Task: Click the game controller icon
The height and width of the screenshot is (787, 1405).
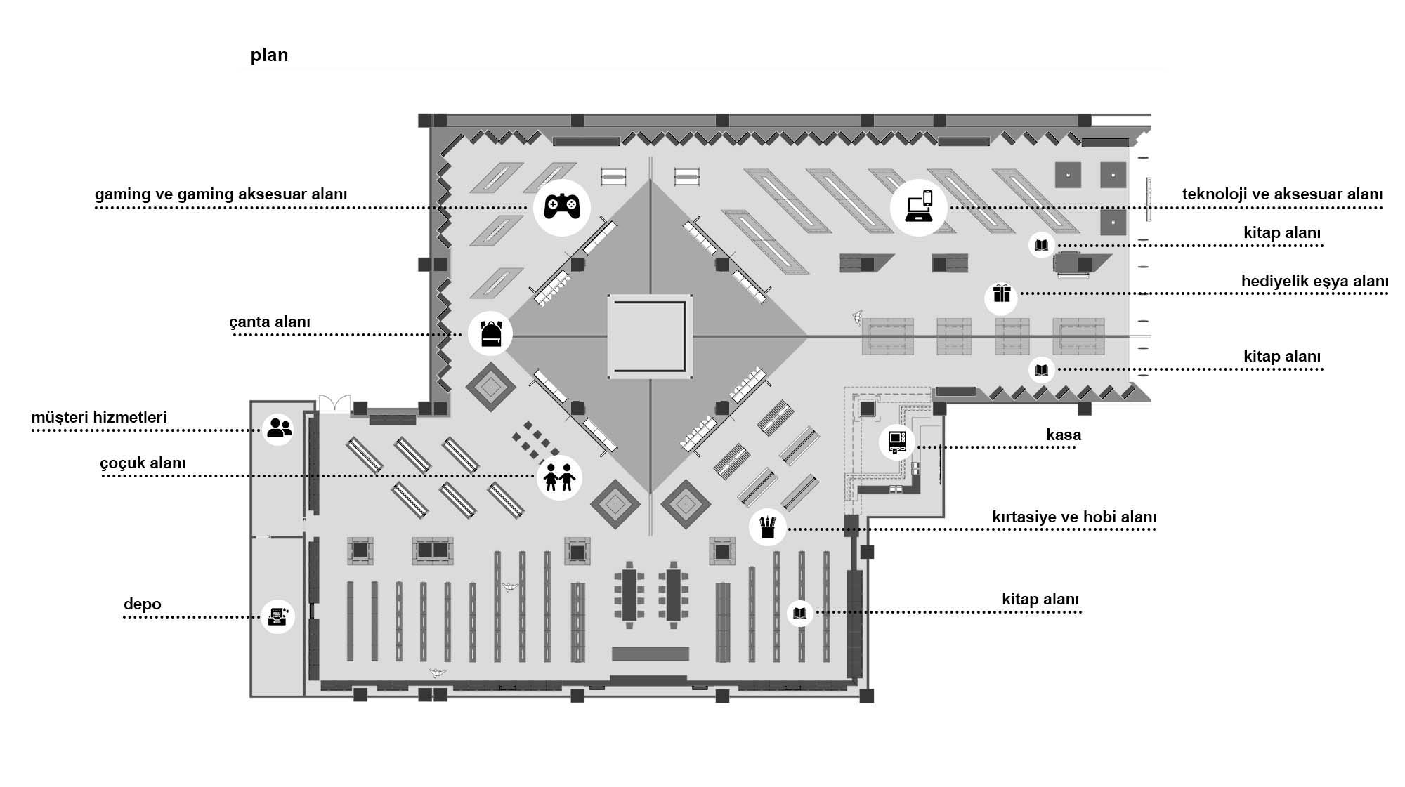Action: coord(562,206)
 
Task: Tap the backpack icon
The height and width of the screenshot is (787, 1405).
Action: coord(490,333)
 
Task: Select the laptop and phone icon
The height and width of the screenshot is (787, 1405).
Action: coord(918,207)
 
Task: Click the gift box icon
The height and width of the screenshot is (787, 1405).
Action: coord(1001,296)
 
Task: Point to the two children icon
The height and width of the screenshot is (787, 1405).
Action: coord(559,477)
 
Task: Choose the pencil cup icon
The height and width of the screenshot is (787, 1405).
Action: coord(767,527)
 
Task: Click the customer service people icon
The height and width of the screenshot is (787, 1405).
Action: coord(279,428)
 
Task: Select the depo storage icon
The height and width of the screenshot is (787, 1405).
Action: coord(277,616)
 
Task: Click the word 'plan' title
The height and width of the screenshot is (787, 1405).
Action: coord(269,55)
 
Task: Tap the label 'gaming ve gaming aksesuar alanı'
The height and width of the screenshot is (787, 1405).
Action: coord(221,194)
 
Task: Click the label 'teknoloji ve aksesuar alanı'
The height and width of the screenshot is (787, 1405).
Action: coord(1281,194)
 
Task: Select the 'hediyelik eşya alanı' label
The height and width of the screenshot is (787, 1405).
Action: coord(1314,282)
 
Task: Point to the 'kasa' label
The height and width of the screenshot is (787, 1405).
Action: coord(1063,435)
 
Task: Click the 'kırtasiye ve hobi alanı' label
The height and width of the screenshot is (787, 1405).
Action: coord(1073,517)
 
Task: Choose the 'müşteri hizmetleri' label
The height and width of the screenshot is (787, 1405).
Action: coord(99,418)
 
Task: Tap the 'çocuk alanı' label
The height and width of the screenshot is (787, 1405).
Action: coord(143,463)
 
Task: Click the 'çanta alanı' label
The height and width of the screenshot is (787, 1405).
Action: coord(269,322)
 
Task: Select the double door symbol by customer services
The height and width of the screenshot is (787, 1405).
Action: coord(334,404)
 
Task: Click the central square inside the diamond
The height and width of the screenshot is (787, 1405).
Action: coord(650,336)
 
